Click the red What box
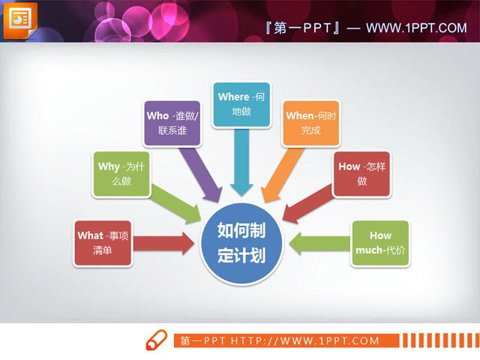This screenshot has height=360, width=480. click(x=103, y=243)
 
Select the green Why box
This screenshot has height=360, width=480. click(x=120, y=174)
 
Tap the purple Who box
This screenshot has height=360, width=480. click(x=172, y=123)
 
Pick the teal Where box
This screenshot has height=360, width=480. click(x=241, y=104)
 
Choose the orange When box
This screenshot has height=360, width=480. click(x=310, y=122)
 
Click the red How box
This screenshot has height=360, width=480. click(x=361, y=174)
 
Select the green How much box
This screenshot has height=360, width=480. click(x=380, y=243)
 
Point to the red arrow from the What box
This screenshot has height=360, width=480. click(x=166, y=243)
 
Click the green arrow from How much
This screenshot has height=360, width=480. click(x=319, y=243)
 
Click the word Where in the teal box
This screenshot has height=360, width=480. click(x=233, y=97)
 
